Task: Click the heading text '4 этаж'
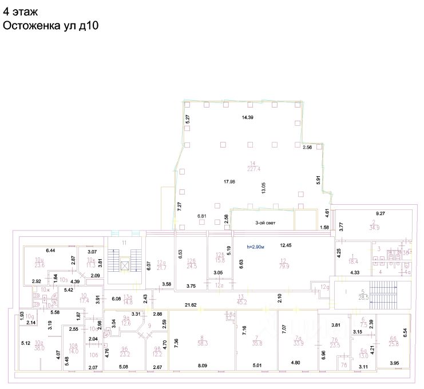pyautogui.click(x=22, y=11)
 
